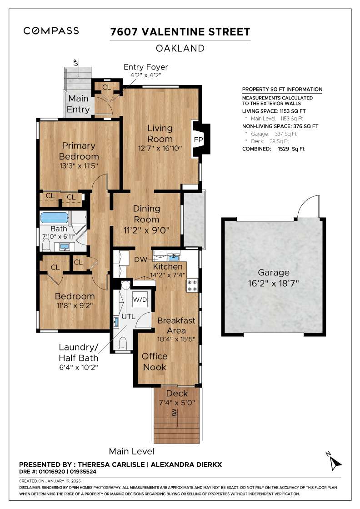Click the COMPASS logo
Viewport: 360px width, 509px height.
click(x=51, y=31)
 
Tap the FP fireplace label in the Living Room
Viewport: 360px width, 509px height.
click(x=198, y=140)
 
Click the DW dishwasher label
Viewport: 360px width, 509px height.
click(x=140, y=259)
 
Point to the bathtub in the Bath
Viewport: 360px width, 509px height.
click(x=54, y=217)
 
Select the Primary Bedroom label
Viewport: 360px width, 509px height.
click(x=79, y=151)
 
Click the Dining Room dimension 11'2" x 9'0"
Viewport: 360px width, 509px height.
click(x=146, y=230)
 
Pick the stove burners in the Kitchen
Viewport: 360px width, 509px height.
click(x=191, y=285)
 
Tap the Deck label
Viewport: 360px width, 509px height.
click(x=177, y=394)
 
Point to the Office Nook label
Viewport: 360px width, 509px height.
click(x=155, y=361)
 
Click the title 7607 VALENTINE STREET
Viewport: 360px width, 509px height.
click(x=180, y=32)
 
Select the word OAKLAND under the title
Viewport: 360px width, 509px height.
click(x=180, y=48)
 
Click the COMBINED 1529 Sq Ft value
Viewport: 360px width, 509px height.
click(x=273, y=149)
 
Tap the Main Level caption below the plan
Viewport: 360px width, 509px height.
click(x=131, y=451)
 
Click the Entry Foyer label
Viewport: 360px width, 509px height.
click(x=146, y=67)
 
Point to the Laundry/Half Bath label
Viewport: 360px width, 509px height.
click(x=79, y=353)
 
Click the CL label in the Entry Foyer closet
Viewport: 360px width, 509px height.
click(x=106, y=87)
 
